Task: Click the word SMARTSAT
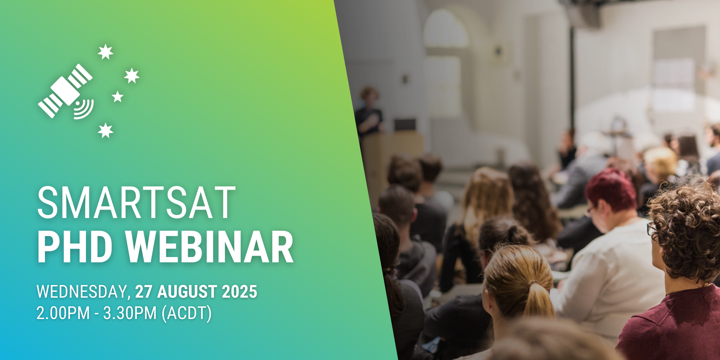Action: click(136, 202)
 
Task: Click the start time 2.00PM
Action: click(63, 313)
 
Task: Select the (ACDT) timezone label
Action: click(187, 314)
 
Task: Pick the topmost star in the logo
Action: click(105, 52)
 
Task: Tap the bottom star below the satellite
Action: click(105, 130)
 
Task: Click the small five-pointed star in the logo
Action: click(117, 97)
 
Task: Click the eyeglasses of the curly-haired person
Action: click(651, 229)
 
